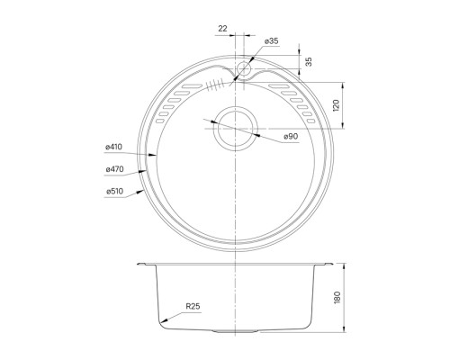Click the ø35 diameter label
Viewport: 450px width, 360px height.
(271, 42)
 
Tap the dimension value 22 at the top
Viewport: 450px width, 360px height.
(222, 29)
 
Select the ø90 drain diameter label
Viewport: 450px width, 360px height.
(291, 136)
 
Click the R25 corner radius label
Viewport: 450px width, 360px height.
(193, 309)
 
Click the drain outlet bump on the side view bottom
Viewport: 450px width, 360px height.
(236, 332)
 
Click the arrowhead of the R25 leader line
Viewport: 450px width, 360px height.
(160, 322)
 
